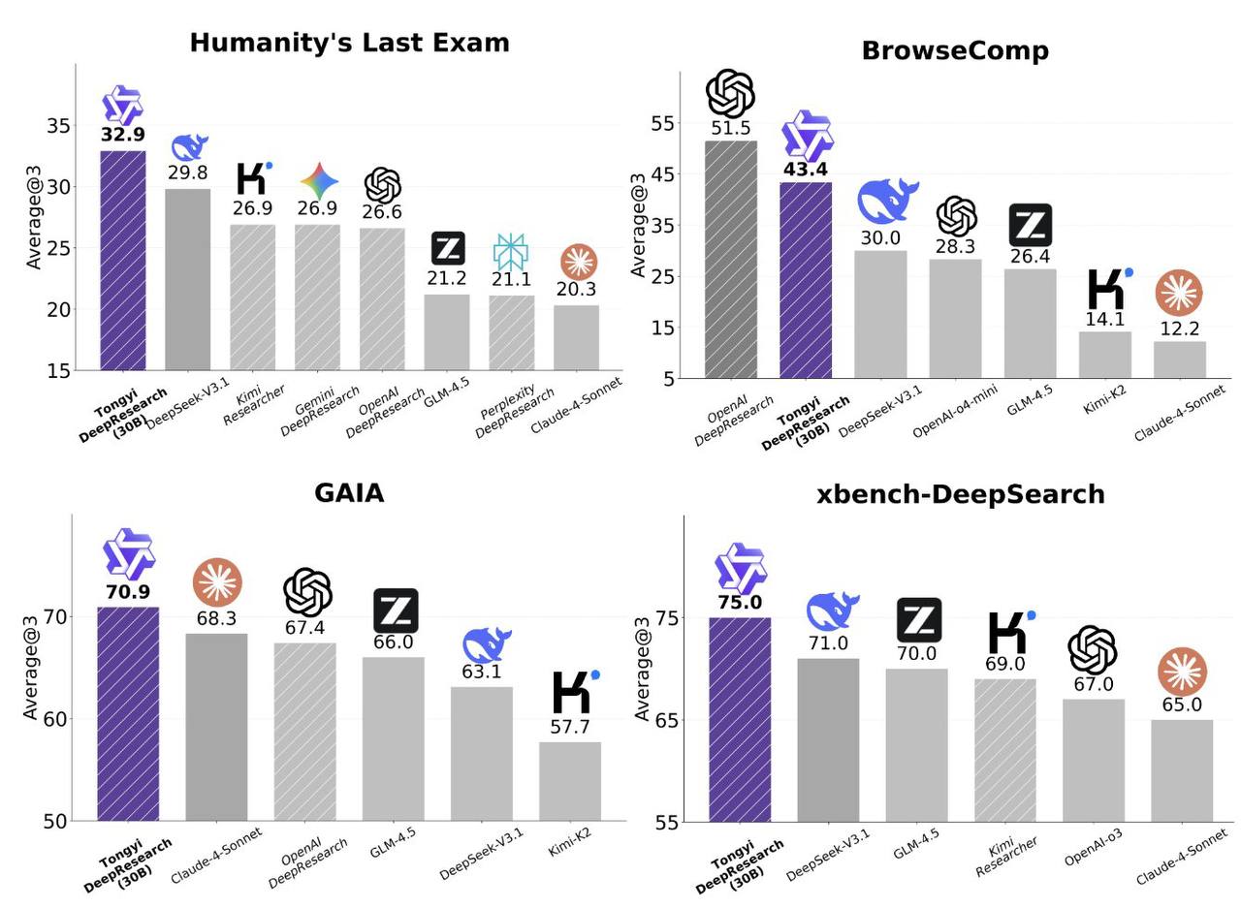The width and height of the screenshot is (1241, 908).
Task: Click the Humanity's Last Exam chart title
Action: point(349,43)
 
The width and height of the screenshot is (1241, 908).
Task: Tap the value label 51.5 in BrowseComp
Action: point(731,128)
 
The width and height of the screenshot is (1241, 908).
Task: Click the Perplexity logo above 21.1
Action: point(511,252)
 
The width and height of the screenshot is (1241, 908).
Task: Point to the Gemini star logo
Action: point(318,181)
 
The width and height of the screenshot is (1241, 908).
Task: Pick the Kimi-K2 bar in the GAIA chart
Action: point(570,781)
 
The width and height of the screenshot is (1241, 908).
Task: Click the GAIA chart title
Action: point(349,493)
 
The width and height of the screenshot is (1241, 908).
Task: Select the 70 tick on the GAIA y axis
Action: point(55,617)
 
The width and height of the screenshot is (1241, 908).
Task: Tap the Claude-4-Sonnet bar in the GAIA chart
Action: point(216,727)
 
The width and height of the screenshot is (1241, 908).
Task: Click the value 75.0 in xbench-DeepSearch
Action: point(740,603)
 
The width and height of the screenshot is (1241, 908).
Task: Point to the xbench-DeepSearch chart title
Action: point(960,494)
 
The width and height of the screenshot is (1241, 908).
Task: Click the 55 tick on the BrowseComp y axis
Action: point(662,124)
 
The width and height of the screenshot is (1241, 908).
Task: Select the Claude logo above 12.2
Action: point(1179,293)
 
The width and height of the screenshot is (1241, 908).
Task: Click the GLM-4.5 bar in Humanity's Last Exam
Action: point(447,331)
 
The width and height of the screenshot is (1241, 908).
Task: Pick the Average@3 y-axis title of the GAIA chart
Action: point(31,669)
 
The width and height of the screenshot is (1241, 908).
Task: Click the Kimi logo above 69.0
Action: point(1009,632)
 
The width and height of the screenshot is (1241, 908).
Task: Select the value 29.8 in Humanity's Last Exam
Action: point(187,173)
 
